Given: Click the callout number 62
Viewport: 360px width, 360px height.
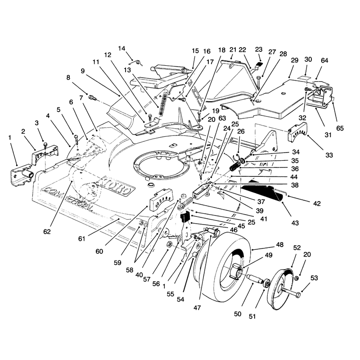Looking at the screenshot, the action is point(47,232).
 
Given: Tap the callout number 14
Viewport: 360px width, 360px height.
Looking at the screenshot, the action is point(121,49).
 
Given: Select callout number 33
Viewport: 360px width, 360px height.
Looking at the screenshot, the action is point(329,155).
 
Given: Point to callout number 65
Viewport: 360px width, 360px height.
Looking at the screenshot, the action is point(340,128).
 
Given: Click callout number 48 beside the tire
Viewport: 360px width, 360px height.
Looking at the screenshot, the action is point(279,245).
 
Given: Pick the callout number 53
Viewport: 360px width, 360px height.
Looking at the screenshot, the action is point(314,278).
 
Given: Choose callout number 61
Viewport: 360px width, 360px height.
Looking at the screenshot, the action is point(82,239).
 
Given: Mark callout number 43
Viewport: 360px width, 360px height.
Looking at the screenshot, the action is point(295,223).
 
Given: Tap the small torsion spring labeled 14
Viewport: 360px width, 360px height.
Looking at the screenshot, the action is point(136,63).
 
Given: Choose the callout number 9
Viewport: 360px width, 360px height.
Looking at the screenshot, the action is point(83,71).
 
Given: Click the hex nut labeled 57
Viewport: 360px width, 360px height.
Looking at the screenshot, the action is point(168,244).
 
